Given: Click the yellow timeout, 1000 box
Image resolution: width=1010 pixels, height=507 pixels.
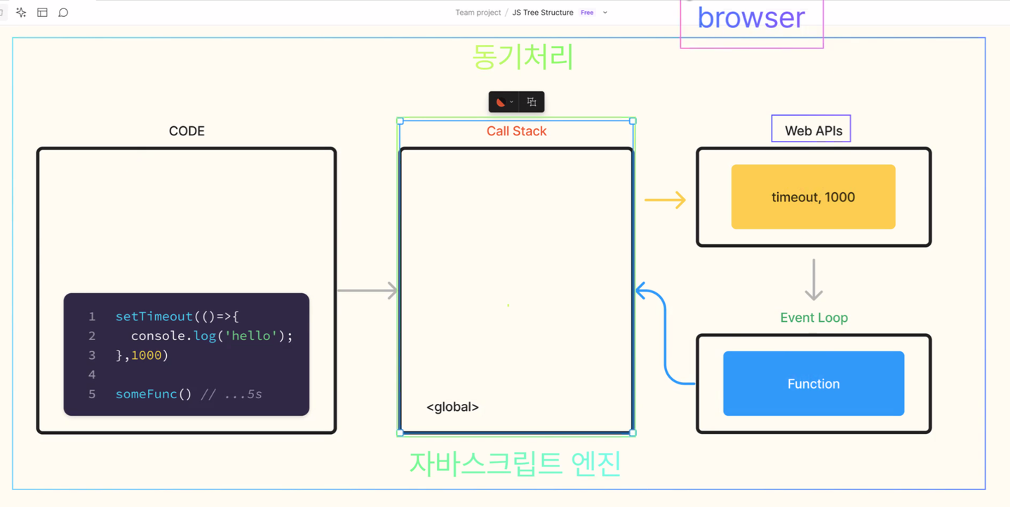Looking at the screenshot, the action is click(x=813, y=197).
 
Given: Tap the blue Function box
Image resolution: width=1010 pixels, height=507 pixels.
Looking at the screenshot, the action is click(x=814, y=384).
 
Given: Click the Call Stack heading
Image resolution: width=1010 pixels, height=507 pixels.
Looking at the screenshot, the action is click(x=516, y=131).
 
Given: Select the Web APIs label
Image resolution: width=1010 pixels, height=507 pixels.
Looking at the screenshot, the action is click(x=814, y=130).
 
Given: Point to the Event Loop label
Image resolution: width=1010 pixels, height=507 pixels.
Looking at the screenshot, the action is click(x=814, y=318).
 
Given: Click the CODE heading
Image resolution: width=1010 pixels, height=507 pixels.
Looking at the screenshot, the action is click(x=187, y=131).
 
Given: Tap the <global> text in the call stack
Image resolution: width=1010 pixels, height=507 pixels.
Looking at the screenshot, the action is click(x=452, y=407).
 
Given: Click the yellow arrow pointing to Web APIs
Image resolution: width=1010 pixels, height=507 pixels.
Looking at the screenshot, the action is click(x=665, y=200).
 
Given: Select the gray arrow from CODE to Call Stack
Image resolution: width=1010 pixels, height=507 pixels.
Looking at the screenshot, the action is click(x=368, y=290).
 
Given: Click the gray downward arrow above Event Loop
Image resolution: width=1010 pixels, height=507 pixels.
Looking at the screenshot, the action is click(x=814, y=279).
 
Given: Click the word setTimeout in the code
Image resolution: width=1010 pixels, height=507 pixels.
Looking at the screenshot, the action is click(x=154, y=316).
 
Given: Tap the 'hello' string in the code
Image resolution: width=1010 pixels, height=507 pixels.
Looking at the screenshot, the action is click(x=250, y=336).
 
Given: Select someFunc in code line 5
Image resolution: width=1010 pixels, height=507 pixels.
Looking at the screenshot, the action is click(x=146, y=394).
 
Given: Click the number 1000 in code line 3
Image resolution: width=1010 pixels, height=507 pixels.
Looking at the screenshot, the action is click(x=146, y=355).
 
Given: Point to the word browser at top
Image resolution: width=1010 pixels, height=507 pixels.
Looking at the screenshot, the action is click(x=751, y=18).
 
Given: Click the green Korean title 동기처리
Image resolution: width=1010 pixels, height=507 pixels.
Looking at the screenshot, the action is click(x=523, y=56).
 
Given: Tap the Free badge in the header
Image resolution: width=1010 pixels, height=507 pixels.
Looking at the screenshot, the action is click(x=586, y=13).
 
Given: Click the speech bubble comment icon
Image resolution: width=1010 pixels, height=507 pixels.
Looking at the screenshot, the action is click(x=63, y=13).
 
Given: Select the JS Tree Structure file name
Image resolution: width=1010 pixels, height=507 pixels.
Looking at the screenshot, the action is click(x=542, y=13).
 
